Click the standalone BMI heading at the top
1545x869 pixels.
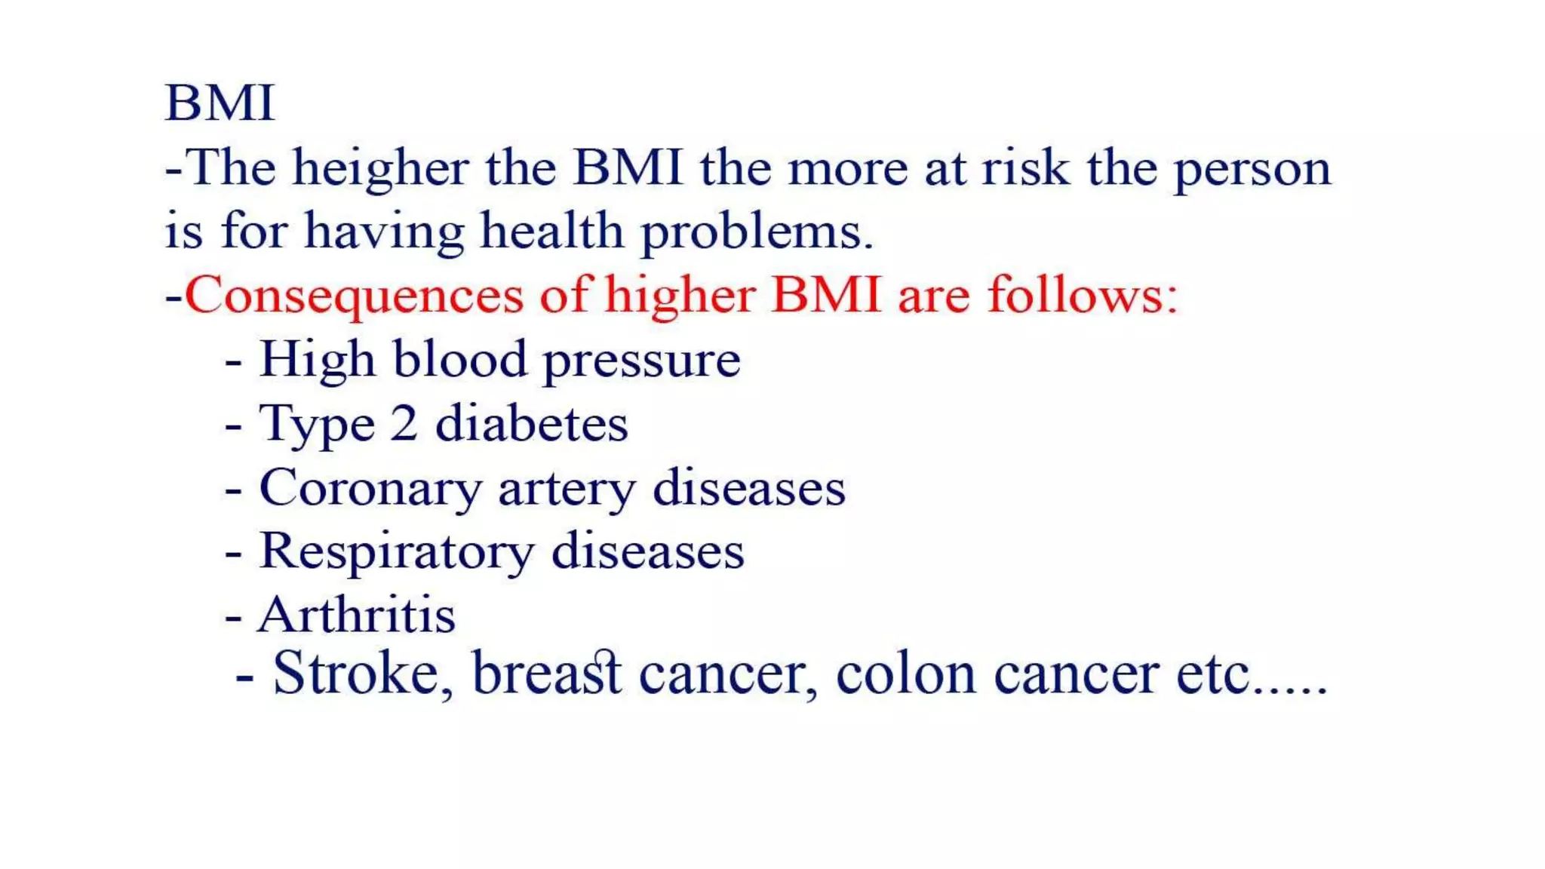219,103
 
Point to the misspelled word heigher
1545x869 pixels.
380,168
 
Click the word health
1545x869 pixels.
551,231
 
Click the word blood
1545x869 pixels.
459,360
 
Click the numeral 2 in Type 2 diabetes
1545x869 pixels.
404,424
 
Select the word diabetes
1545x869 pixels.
531,424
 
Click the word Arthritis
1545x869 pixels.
357,616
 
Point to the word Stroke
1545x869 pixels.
355,673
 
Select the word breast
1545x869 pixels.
547,673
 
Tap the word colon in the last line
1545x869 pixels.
906,674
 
